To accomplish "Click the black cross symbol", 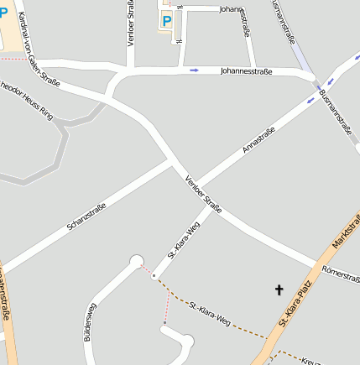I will [279, 290].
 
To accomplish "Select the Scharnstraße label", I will [86, 216].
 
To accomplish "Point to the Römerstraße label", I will [341, 269].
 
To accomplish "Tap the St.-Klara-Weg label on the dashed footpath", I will [209, 313].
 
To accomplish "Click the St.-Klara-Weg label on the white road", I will [183, 240].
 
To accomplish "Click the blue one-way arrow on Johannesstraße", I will [195, 70].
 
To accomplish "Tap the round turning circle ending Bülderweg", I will [136, 263].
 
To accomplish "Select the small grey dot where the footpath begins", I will [154, 275].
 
